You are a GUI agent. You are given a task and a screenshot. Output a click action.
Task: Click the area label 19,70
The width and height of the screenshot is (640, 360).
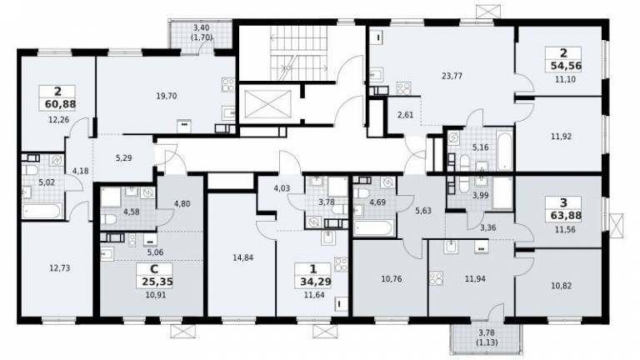[167, 97]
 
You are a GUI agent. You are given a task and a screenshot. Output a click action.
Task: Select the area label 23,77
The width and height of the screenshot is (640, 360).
[452, 76]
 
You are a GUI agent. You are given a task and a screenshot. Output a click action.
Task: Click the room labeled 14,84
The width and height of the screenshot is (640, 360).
[242, 257]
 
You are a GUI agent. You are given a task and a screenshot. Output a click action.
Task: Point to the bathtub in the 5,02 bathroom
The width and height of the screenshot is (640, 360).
[42, 212]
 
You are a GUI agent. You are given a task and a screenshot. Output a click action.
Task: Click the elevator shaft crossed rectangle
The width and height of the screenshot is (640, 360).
[267, 104]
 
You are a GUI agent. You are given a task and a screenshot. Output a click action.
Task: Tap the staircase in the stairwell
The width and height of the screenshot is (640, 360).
[300, 52]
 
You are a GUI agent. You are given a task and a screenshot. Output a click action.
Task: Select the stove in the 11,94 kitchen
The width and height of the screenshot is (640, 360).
[436, 278]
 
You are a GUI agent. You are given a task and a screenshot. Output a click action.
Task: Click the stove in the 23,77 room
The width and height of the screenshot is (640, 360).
[404, 88]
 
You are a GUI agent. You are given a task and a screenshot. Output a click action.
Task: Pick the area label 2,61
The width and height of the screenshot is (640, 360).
[405, 115]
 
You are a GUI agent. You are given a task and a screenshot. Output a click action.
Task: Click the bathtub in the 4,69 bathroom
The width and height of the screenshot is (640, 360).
[374, 228]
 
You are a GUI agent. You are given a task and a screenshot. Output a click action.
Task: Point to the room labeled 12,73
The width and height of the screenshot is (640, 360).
[60, 268]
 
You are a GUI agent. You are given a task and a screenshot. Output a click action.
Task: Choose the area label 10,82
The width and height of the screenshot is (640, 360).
[561, 286]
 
